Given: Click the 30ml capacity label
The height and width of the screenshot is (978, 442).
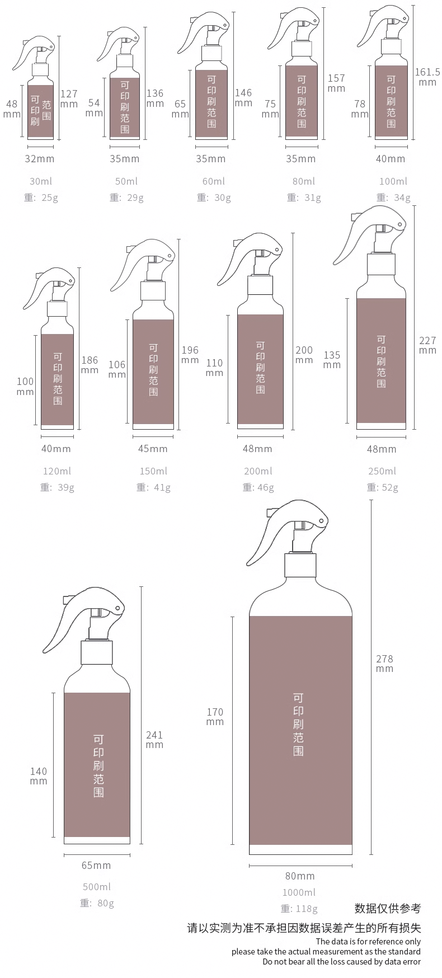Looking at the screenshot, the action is [39, 181].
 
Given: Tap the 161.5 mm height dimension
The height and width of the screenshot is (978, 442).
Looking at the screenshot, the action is [427, 77].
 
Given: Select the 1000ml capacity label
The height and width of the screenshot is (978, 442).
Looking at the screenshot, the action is [299, 892].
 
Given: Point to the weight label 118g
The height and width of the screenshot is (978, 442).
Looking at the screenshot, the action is [299, 909].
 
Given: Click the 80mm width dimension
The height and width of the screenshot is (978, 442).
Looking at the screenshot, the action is [300, 876].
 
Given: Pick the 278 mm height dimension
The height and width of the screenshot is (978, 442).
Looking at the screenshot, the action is [384, 664].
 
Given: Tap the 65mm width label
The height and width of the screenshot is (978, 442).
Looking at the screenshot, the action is [96, 866].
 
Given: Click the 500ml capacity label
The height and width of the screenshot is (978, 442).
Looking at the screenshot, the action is [97, 887].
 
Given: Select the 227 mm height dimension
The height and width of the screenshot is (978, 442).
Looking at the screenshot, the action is [427, 345].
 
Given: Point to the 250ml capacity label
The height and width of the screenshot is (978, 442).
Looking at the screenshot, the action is [382, 471].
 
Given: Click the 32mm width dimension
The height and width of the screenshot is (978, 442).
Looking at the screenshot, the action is [40, 159].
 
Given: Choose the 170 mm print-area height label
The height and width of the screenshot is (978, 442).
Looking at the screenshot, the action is [215, 717].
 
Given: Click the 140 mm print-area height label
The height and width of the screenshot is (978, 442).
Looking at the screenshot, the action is [39, 776].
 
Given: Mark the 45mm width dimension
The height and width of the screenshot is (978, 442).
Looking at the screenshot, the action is [153, 449].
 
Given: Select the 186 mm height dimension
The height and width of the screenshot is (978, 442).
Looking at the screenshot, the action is [90, 365].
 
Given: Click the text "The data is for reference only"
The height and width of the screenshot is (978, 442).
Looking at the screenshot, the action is [368, 942].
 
